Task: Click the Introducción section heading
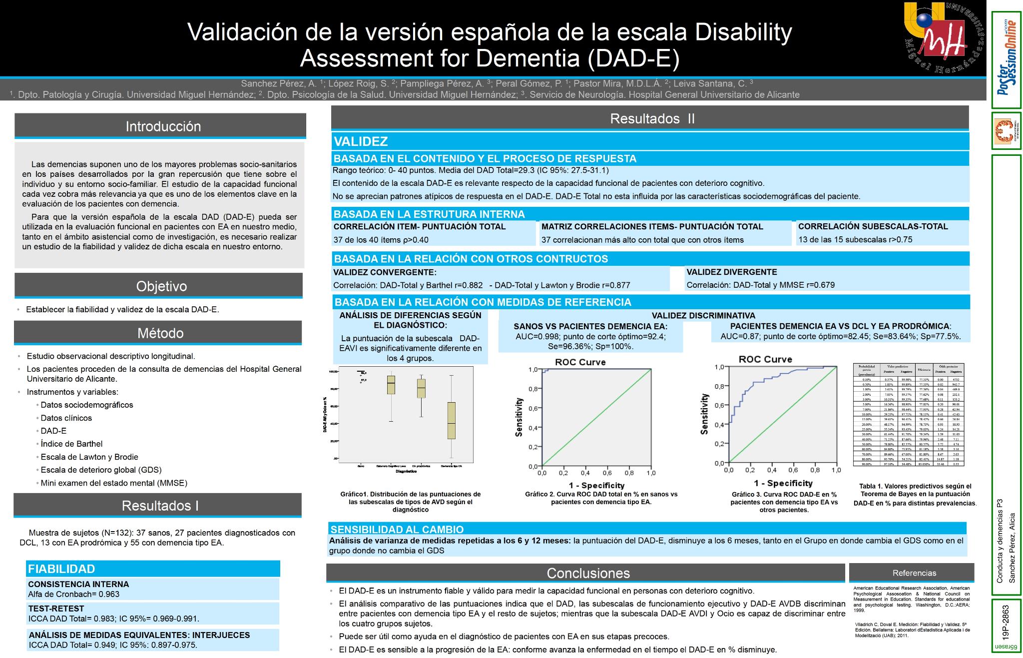click(163, 126)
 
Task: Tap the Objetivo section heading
click(161, 286)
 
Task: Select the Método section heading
click(160, 333)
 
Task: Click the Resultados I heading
click(160, 506)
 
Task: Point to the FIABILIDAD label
click(61, 569)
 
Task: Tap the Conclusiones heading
click(588, 573)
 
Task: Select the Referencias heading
click(914, 573)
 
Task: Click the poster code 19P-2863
click(1006, 623)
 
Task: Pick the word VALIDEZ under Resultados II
click(361, 141)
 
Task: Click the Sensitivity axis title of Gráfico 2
click(519, 417)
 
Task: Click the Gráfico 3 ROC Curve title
click(765, 359)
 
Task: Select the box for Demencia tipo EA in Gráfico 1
click(451, 420)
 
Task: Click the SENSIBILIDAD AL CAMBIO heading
click(397, 530)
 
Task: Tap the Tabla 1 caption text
click(915, 495)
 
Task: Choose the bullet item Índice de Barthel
click(71, 444)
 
